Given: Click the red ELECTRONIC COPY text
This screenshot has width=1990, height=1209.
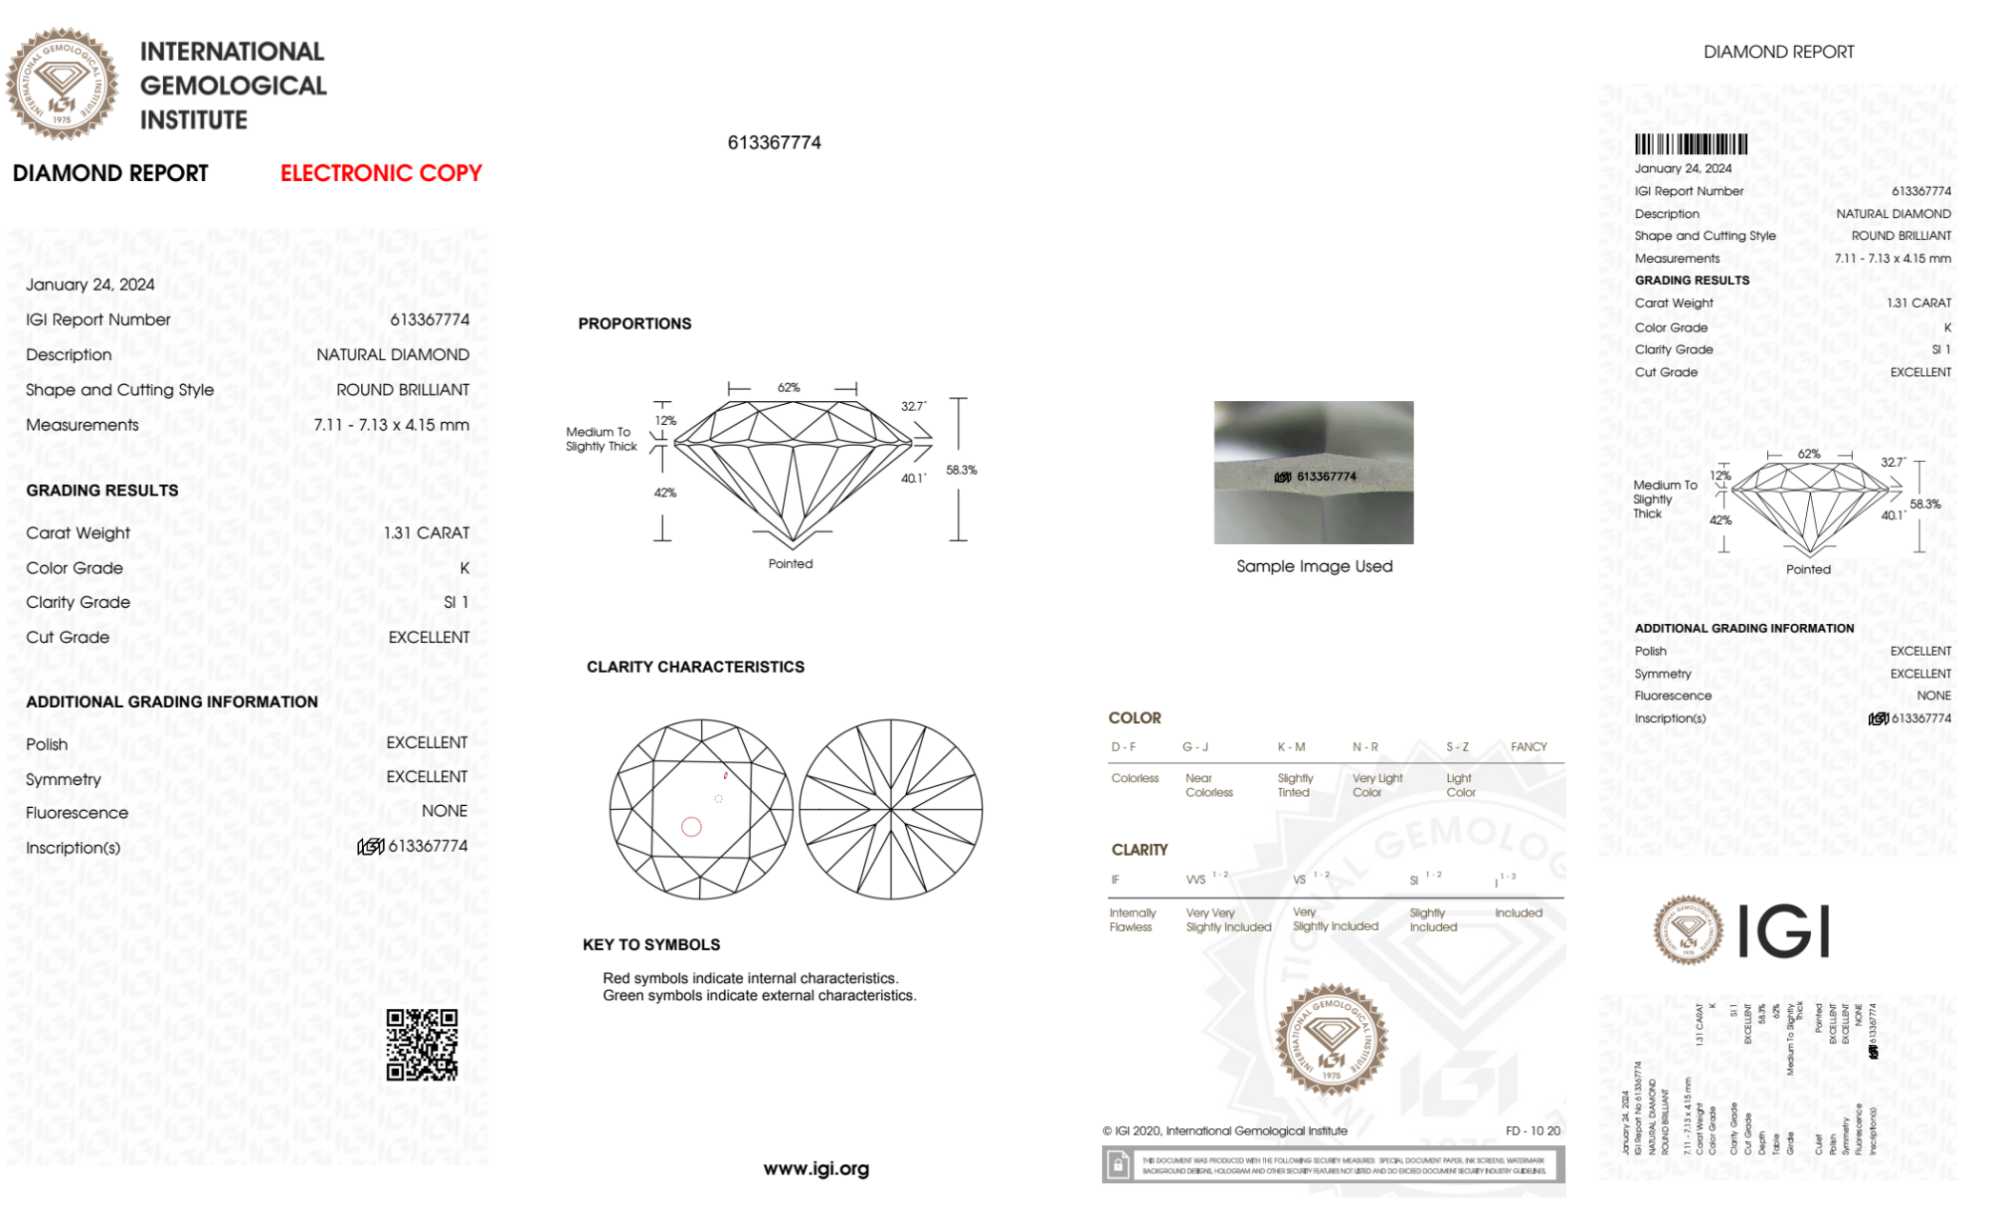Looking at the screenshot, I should [x=381, y=173].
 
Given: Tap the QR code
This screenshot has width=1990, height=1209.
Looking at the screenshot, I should [x=422, y=1044].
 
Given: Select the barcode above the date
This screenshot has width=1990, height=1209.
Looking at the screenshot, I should [x=1691, y=144].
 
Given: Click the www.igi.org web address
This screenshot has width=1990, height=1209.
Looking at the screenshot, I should [x=815, y=1168].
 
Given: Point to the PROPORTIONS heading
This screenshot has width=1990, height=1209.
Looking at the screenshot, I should [x=634, y=323].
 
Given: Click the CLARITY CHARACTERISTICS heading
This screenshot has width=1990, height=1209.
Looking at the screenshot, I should [x=695, y=667].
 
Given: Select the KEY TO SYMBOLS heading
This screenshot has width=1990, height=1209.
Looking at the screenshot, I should [x=651, y=944].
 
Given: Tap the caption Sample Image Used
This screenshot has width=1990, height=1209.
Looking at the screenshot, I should [x=1314, y=566].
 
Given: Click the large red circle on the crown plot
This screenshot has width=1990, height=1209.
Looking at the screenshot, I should [x=691, y=826].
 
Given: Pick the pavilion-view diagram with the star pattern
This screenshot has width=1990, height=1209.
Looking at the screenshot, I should [x=891, y=809].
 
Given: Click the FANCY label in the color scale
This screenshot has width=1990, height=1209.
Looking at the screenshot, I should [x=1529, y=746].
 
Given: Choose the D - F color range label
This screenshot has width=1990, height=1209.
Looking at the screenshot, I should [x=1124, y=746].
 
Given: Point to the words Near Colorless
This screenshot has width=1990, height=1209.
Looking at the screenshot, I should [x=1208, y=785].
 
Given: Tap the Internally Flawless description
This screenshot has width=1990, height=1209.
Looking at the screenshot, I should [x=1132, y=919].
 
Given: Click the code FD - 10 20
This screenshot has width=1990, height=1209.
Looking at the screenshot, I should [x=1533, y=1130].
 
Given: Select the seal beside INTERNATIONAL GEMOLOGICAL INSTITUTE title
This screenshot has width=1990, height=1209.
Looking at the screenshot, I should [x=62, y=85].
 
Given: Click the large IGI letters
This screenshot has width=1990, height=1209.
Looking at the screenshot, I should [x=1784, y=931].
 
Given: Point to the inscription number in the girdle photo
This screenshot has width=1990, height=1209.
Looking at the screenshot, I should [x=1326, y=477].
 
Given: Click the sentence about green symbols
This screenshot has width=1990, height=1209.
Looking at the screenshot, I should [x=759, y=995].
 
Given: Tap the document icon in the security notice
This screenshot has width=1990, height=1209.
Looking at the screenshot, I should [x=1118, y=1164].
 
